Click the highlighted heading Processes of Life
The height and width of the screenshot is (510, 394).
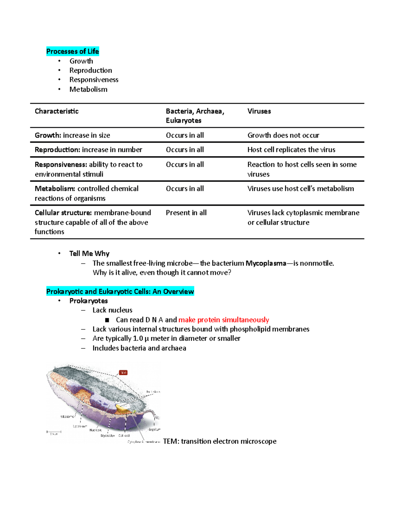[x=72, y=51]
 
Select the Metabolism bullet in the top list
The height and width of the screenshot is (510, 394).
[x=88, y=89]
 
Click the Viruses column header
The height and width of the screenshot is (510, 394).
[x=259, y=111]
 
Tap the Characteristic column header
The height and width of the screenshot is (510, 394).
[x=56, y=111]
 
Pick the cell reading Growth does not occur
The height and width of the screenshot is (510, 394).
[x=283, y=135]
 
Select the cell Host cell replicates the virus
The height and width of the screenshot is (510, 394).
[x=291, y=150]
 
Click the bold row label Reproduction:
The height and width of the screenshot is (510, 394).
[x=57, y=150]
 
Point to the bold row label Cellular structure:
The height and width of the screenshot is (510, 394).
[x=63, y=213]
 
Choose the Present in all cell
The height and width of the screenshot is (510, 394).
[x=186, y=213]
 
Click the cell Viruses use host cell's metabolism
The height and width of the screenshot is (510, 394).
[x=300, y=188]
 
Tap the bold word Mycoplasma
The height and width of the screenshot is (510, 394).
[x=266, y=263]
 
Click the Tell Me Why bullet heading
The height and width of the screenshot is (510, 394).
[x=89, y=254]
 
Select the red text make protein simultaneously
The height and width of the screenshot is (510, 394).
[x=224, y=320]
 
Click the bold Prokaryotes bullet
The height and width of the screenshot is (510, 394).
[x=88, y=301]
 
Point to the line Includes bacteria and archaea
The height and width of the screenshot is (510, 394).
[x=139, y=348]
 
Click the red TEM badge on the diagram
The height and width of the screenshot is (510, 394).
[x=123, y=373]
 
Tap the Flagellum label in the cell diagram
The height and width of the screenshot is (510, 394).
[x=154, y=429]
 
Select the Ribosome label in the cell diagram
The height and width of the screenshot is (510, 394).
[x=67, y=416]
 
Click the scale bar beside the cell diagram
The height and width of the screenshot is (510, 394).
[x=54, y=432]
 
